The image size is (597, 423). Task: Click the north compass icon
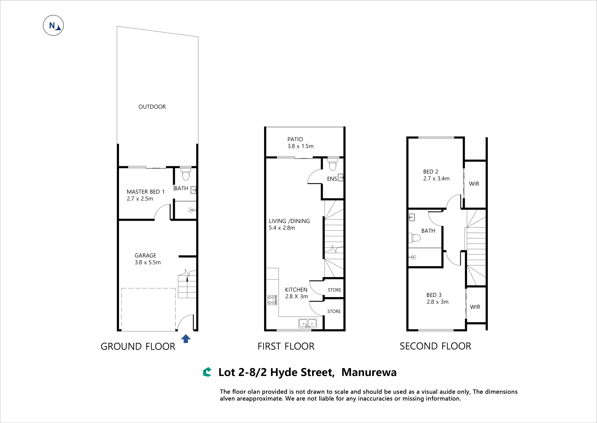coord(53,25)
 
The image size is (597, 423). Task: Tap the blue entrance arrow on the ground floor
coord(186,339)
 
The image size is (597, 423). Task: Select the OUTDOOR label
coord(152,107)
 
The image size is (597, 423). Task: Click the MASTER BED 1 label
coord(146,192)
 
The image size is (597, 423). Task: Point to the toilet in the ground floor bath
coord(186,174)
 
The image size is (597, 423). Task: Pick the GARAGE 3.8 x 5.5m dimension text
coord(148,263)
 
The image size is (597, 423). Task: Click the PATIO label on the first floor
coord(295,139)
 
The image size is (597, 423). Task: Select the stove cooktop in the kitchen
coord(272,300)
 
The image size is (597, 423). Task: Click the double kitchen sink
coord(308,323)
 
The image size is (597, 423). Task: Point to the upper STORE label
coord(334,290)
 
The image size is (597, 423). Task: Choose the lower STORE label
coord(334,312)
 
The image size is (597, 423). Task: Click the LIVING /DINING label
coord(289,221)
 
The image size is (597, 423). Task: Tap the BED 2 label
coord(431,172)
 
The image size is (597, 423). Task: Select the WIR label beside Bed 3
coord(475,307)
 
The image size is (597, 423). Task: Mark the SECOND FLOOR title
coord(435,346)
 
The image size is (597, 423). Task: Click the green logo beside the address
coord(207,372)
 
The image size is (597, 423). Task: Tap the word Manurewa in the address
coord(369,372)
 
